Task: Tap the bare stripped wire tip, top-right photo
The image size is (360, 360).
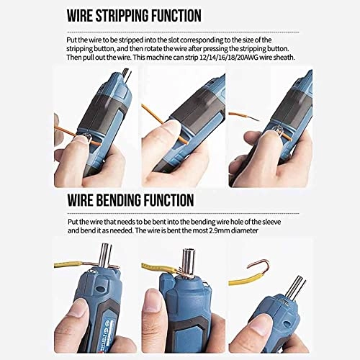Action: click(238, 115)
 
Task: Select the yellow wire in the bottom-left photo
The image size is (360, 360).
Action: click(72, 275)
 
